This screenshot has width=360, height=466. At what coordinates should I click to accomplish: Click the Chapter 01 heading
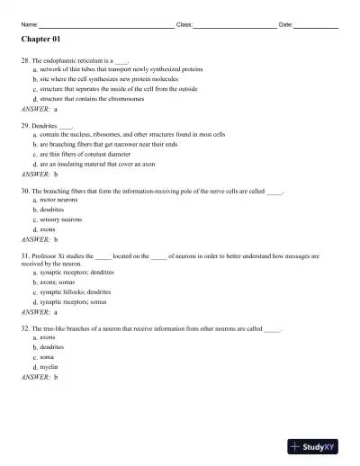coord(41,40)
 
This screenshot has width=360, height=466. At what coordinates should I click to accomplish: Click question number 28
coord(24,59)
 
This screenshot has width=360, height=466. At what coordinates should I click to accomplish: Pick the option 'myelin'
coord(49,367)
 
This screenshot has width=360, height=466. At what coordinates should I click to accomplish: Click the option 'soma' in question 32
coord(48,357)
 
